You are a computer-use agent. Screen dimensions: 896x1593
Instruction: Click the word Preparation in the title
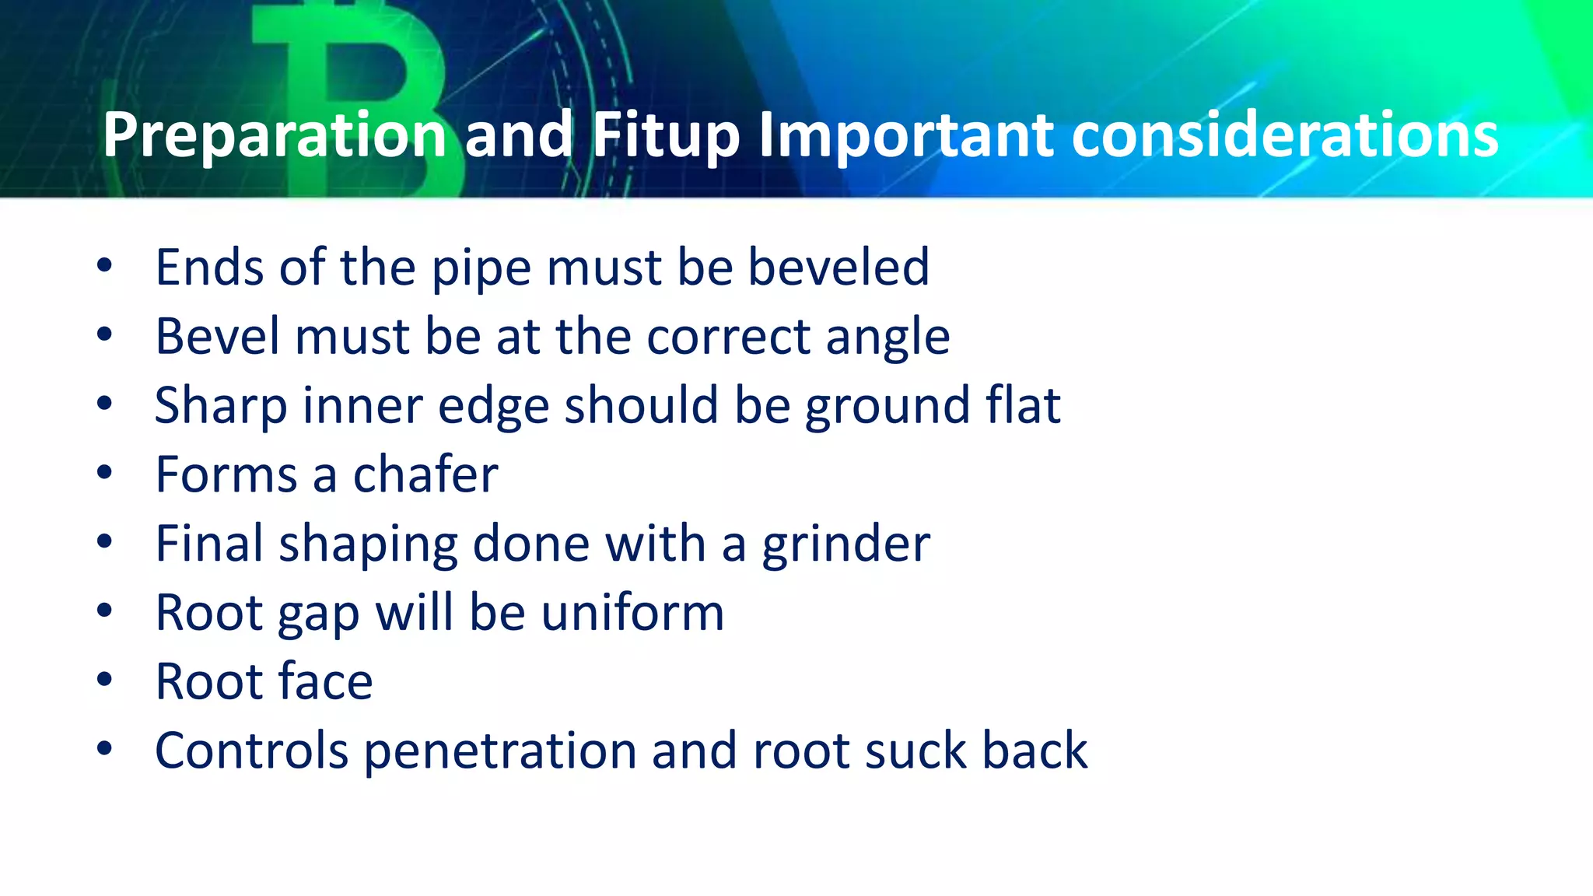click(x=275, y=135)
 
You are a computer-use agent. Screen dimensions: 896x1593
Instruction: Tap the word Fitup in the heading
click(x=665, y=135)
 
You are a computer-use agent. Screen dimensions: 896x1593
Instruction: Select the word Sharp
click(x=221, y=406)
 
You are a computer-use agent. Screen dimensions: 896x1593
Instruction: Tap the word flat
click(x=1023, y=405)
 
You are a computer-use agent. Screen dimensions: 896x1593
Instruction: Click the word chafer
click(x=425, y=474)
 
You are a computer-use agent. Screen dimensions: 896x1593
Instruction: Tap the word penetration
click(x=499, y=751)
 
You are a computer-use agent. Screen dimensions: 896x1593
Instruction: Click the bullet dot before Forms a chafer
click(x=104, y=473)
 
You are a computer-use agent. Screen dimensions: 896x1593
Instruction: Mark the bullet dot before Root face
click(x=104, y=680)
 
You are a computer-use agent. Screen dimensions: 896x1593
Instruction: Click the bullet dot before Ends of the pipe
click(x=104, y=266)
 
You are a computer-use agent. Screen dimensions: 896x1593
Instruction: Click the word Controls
click(x=251, y=751)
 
